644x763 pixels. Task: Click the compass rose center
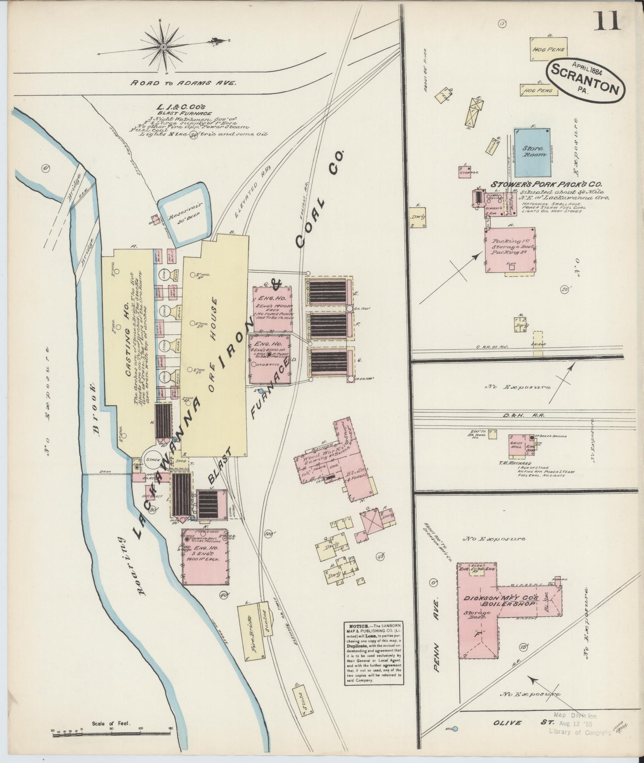[x=163, y=47]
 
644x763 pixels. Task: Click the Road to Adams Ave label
[x=184, y=83]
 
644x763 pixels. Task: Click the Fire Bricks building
[x=251, y=635]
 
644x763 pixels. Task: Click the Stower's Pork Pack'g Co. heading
[x=546, y=185]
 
